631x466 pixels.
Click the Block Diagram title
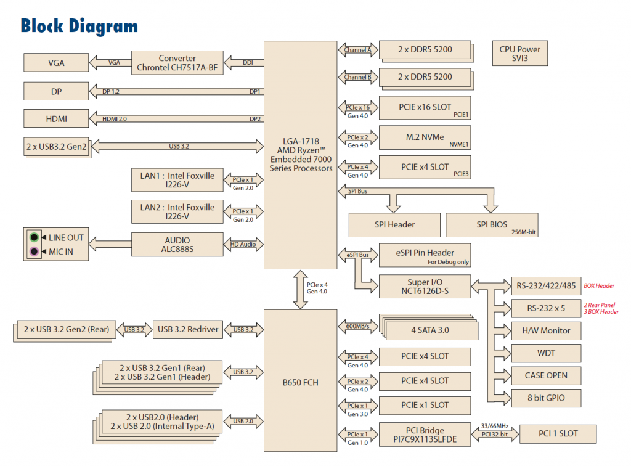tap(79, 26)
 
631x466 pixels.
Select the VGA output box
tap(56, 62)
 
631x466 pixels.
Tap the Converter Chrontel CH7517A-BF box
tap(176, 62)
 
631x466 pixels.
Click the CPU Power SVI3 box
tap(519, 54)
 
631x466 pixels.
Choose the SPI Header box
tap(394, 224)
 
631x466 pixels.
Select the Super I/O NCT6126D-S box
tap(425, 287)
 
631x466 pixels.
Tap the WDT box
tap(547, 353)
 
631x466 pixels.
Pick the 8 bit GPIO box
tap(547, 398)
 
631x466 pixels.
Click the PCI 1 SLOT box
tap(558, 433)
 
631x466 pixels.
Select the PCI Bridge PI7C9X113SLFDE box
tap(425, 434)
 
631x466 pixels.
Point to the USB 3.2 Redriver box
tap(188, 330)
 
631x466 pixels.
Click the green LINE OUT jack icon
tap(35, 237)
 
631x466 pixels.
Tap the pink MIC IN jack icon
tap(35, 251)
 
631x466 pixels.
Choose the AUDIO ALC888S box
tap(177, 245)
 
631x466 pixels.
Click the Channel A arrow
tap(357, 49)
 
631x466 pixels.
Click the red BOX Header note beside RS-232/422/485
tap(599, 286)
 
